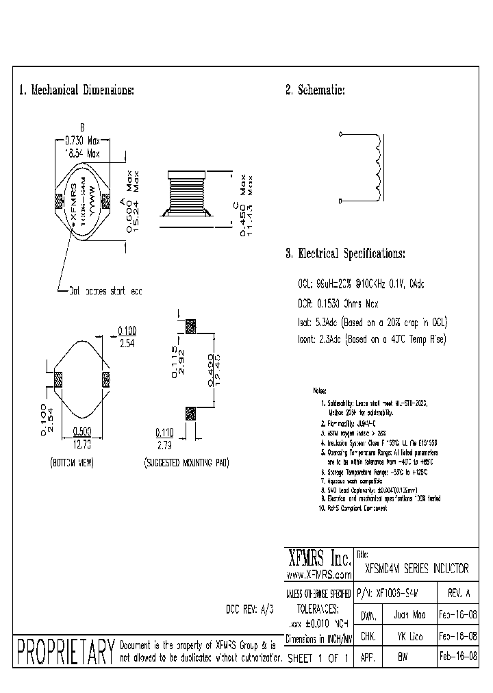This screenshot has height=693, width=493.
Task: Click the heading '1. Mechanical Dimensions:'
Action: click(x=76, y=90)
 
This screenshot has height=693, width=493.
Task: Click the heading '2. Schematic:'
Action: click(x=314, y=90)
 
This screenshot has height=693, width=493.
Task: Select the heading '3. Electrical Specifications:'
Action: click(x=345, y=253)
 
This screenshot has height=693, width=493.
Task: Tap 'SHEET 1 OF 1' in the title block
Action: click(x=318, y=657)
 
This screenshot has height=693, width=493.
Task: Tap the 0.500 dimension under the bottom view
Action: click(x=82, y=432)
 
